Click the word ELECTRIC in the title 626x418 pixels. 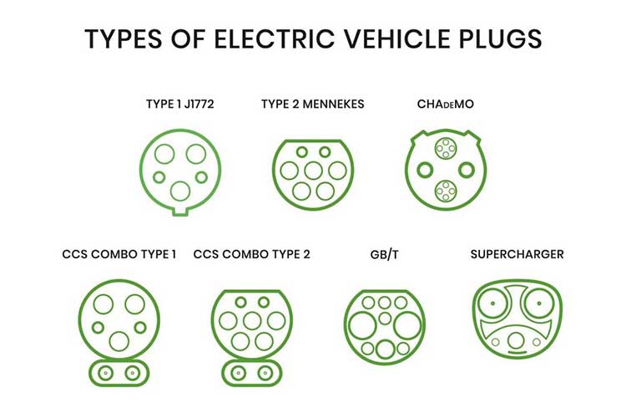point(275,38)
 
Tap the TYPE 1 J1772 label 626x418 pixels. point(180,104)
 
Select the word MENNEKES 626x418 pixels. point(333,104)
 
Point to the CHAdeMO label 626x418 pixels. point(445,104)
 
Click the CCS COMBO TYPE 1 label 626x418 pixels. point(119,254)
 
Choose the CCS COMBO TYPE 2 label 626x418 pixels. point(251,254)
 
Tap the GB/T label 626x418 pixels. point(384,254)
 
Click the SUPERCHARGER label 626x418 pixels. point(517,254)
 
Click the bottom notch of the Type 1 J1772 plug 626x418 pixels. point(180,212)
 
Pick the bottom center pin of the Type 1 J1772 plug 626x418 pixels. point(180,191)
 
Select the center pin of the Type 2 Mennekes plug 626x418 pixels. point(313,171)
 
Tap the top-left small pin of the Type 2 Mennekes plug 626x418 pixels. point(302,152)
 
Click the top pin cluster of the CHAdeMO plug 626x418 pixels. point(446,149)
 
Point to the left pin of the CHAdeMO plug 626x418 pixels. point(425,170)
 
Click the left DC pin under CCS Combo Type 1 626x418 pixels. point(105,373)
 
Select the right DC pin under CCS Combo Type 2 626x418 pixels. point(265,373)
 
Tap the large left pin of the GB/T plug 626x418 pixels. point(362,325)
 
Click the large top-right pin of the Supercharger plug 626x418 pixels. point(538,303)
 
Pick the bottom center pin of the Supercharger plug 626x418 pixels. point(516,341)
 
